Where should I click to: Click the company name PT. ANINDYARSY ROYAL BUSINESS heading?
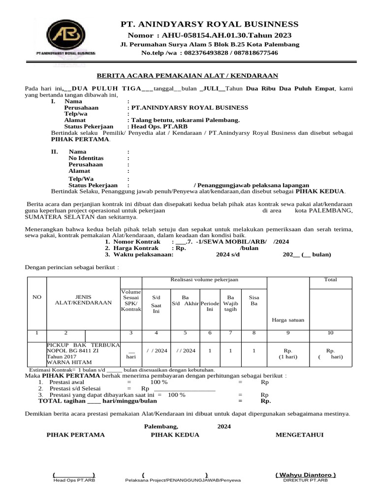[x=210, y=24]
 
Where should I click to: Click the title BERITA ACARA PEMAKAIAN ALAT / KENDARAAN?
[x=187, y=75]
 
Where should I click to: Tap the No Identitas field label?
[x=86, y=158]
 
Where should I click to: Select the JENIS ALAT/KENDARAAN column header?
[x=83, y=300]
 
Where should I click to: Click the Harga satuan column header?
[x=287, y=320]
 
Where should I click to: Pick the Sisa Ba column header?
[x=254, y=300]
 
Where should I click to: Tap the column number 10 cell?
[x=330, y=333]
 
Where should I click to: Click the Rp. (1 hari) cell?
[x=287, y=354]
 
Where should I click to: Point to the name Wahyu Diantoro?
[x=305, y=474]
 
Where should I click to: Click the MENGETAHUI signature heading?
[x=299, y=435]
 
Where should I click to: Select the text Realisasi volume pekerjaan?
[x=204, y=280]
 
